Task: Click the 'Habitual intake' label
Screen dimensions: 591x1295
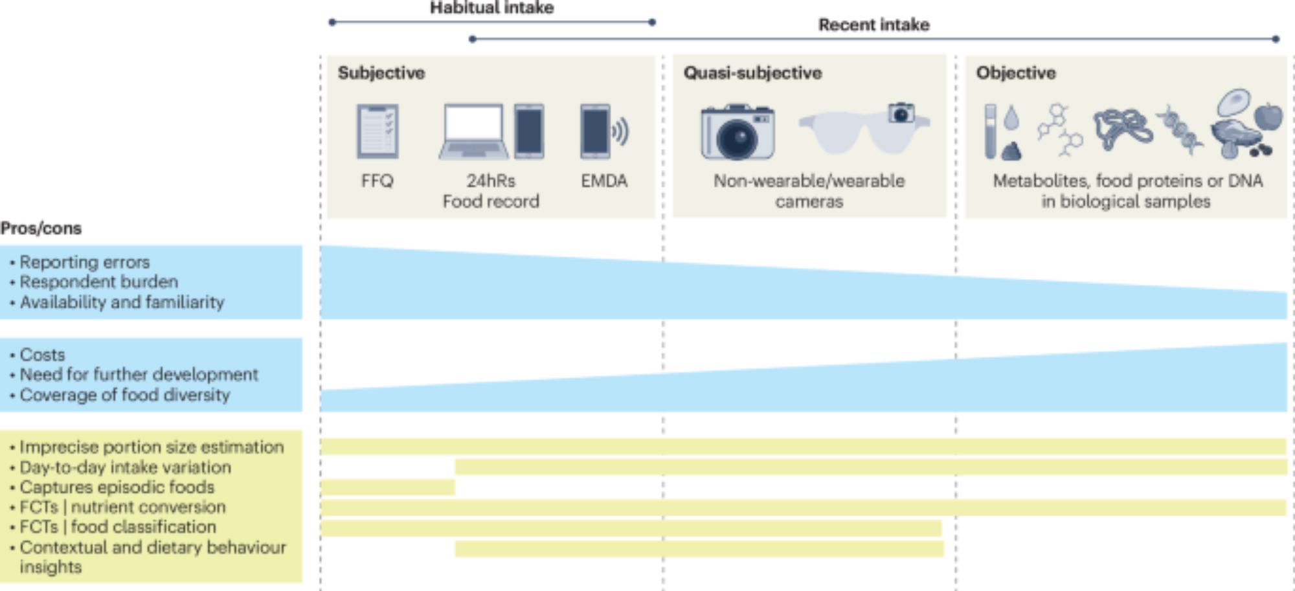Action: tap(491, 8)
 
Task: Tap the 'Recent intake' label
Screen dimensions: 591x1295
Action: tap(873, 25)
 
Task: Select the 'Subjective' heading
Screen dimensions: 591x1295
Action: tap(381, 72)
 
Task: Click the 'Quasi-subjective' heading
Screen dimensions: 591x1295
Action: tap(752, 72)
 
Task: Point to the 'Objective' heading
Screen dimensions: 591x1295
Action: tap(1015, 72)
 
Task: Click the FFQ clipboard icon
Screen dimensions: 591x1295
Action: tap(377, 131)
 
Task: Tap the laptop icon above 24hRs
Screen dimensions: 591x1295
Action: tap(473, 131)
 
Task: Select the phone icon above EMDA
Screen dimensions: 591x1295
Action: tap(595, 131)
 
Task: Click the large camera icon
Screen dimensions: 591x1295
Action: tap(738, 132)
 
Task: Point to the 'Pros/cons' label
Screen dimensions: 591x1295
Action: tap(41, 229)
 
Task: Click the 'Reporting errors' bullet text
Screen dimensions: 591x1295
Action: tap(84, 262)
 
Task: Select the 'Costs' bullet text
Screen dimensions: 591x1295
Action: tap(42, 355)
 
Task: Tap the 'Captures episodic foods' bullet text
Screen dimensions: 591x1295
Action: tap(117, 487)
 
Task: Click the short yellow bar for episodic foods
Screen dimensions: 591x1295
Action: tap(387, 487)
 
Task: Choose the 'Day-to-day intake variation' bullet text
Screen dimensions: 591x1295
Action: tap(125, 467)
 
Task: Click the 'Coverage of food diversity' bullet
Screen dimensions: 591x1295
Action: tap(124, 395)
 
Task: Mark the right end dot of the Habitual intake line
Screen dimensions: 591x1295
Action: tap(652, 22)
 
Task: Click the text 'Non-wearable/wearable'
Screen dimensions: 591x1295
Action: tap(809, 181)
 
